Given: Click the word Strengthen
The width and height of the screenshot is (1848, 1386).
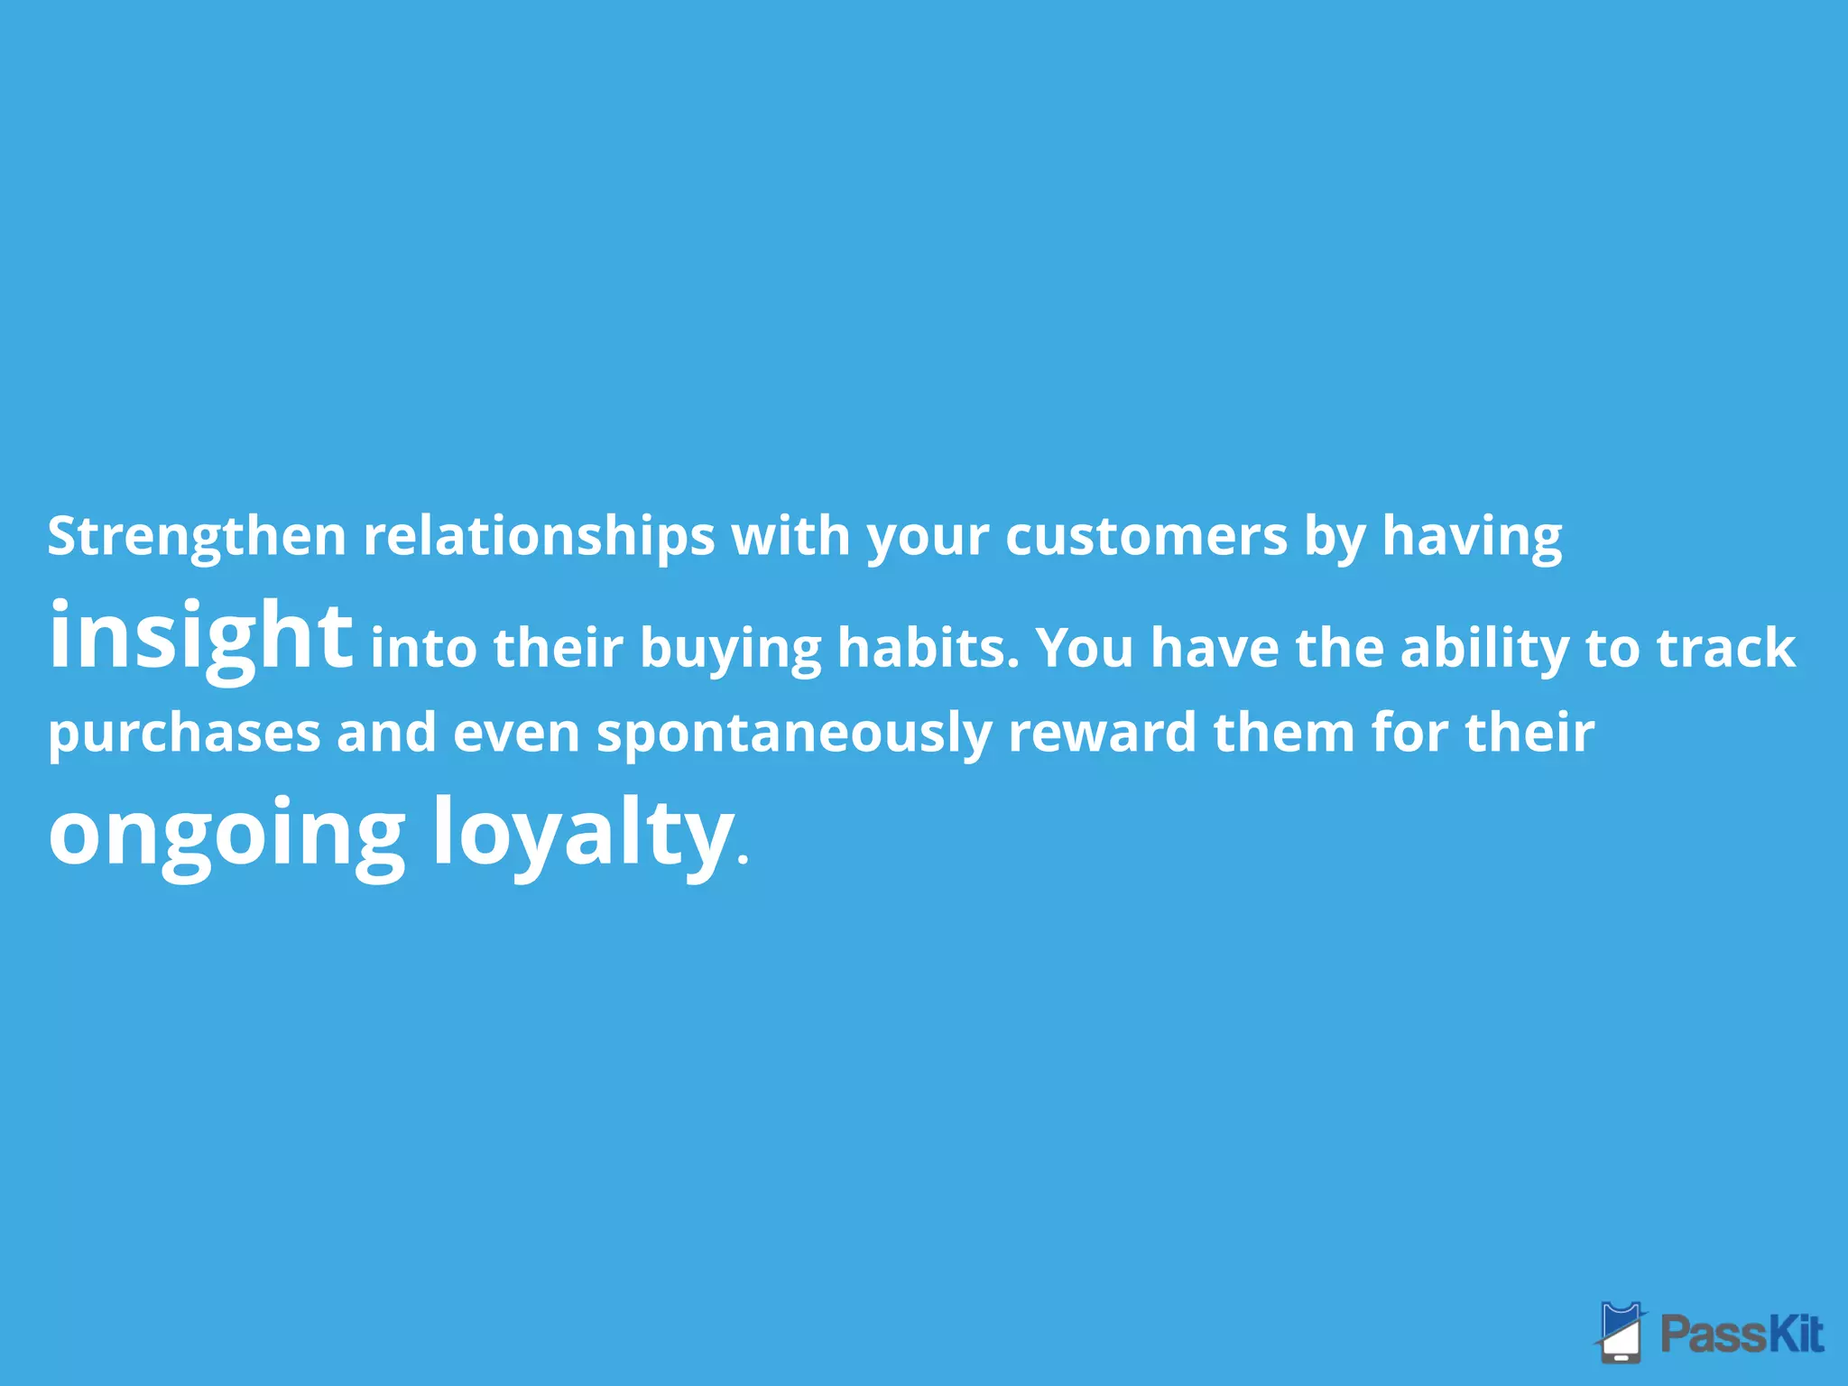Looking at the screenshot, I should click(197, 537).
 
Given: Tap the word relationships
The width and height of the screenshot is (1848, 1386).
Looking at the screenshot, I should click(539, 537).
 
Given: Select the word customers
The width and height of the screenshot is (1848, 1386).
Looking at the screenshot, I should click(1146, 537).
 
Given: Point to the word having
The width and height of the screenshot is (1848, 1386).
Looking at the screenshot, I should click(1472, 537).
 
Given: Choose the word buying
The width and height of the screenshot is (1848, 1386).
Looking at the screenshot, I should click(730, 649).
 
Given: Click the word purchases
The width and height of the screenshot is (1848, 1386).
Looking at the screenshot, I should click(184, 733).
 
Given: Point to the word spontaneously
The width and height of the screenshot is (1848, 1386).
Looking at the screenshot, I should click(793, 733).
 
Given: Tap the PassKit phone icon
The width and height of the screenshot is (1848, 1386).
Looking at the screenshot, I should click(1622, 1331).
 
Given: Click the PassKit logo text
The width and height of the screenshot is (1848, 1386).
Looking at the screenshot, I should click(1742, 1335).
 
